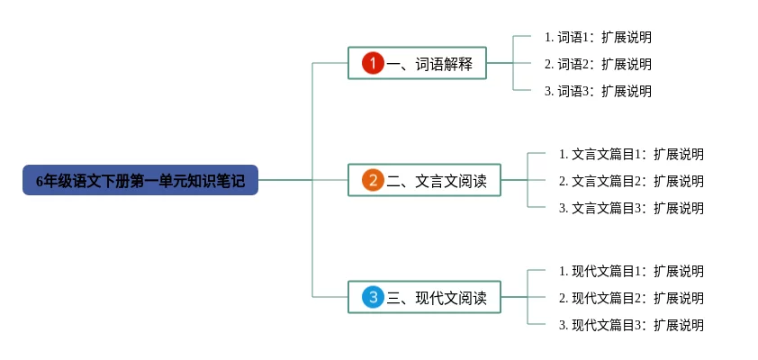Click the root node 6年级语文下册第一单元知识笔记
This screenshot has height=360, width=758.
click(140, 180)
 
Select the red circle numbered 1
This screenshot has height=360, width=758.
click(373, 63)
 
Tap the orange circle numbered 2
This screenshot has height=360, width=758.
click(373, 180)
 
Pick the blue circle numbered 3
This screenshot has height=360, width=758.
click(373, 297)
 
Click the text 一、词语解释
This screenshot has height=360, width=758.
click(436, 64)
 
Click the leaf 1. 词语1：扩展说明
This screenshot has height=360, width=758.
click(598, 38)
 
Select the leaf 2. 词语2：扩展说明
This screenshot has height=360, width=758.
click(598, 65)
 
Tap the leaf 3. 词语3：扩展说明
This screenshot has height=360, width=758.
click(598, 92)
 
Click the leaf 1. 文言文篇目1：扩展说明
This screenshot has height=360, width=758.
click(631, 155)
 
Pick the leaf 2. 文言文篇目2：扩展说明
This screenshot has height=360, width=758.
click(631, 182)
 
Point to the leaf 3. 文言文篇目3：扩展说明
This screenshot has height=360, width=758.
click(631, 209)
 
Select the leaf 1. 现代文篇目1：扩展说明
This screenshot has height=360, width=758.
click(631, 272)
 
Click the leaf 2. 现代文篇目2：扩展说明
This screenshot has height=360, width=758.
click(631, 299)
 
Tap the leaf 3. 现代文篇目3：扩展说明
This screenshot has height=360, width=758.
click(631, 326)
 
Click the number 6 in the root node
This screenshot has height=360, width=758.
click(40, 181)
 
